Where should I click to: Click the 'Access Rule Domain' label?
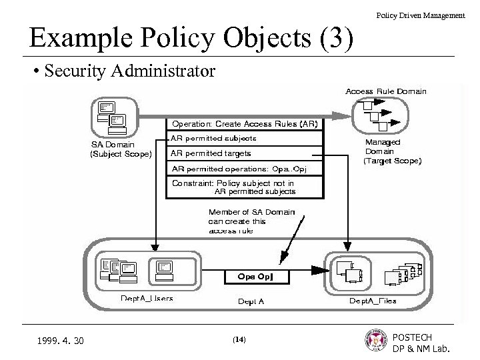386,91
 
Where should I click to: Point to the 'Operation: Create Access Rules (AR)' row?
245,123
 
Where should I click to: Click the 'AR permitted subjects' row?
213,139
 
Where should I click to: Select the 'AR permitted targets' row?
211,153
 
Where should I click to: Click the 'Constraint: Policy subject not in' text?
233,182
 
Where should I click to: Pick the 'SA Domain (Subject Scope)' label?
121,149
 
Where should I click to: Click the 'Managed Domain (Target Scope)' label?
391,151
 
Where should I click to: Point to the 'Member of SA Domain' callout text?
237,212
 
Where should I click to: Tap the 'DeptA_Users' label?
146,299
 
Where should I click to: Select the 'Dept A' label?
251,301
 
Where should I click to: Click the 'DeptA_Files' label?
373,301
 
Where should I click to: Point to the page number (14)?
239,339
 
